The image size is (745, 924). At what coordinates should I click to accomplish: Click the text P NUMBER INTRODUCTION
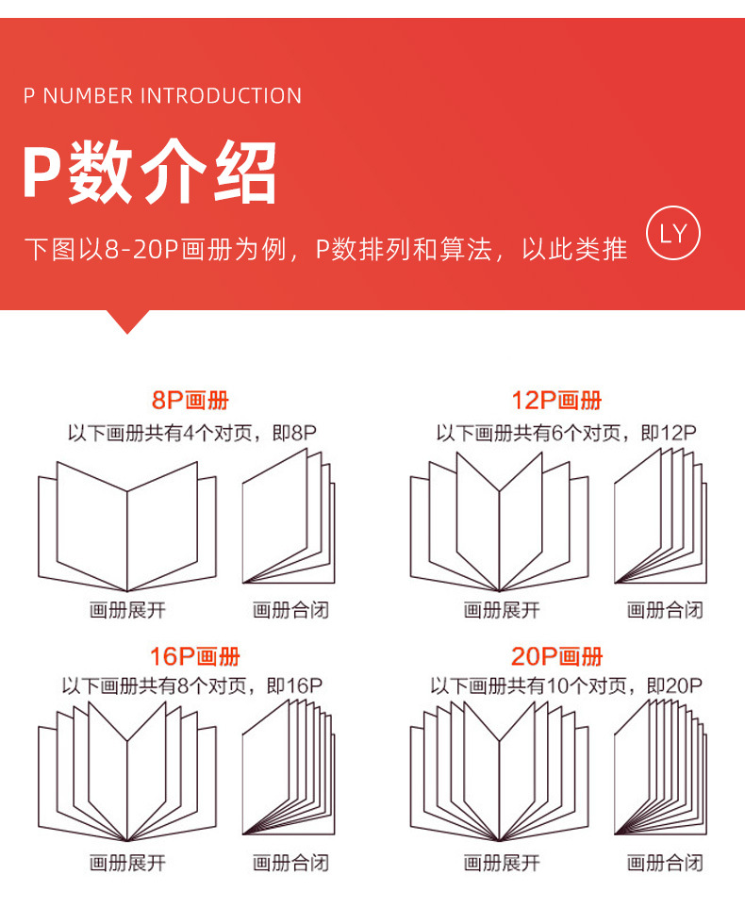tap(162, 96)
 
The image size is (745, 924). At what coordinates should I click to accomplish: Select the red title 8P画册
tap(190, 401)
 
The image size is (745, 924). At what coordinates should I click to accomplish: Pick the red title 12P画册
tap(556, 401)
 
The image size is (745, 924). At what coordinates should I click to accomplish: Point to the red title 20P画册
tap(556, 657)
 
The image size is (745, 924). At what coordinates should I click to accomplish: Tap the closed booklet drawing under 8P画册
tap(289, 519)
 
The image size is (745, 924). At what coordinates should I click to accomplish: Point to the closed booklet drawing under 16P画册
tap(289, 768)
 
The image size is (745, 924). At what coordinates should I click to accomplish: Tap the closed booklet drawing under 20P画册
tap(660, 768)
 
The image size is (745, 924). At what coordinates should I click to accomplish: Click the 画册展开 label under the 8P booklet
tap(127, 610)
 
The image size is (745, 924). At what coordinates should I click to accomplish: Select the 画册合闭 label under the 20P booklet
tap(665, 862)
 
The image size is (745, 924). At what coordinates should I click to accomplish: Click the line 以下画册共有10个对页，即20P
tap(566, 686)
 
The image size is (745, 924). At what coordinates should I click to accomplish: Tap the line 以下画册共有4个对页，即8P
tap(191, 434)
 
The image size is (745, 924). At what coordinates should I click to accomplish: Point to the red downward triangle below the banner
tap(128, 321)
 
